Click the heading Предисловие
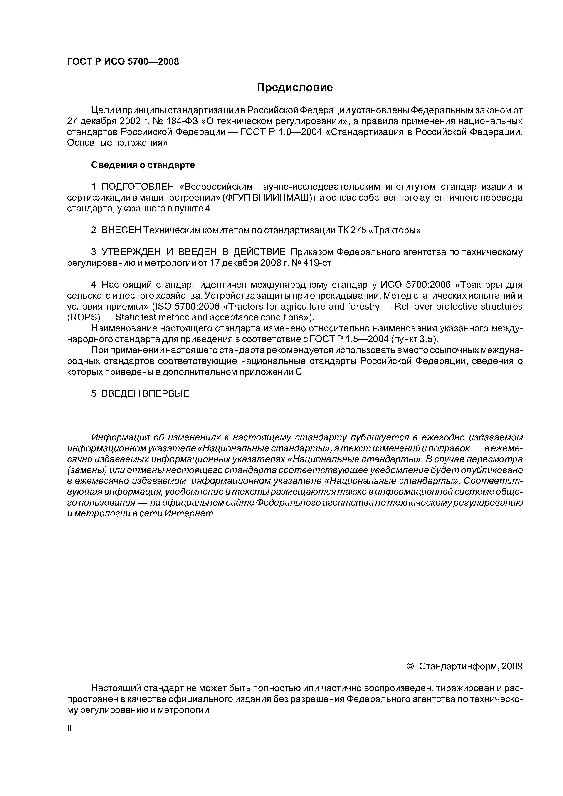pos(294,87)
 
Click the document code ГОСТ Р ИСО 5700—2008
pos(123,62)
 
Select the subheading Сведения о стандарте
pos(143,165)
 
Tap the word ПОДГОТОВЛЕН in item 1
pos(137,187)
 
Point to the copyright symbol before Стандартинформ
pos(410,666)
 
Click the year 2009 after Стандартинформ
pos(512,666)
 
